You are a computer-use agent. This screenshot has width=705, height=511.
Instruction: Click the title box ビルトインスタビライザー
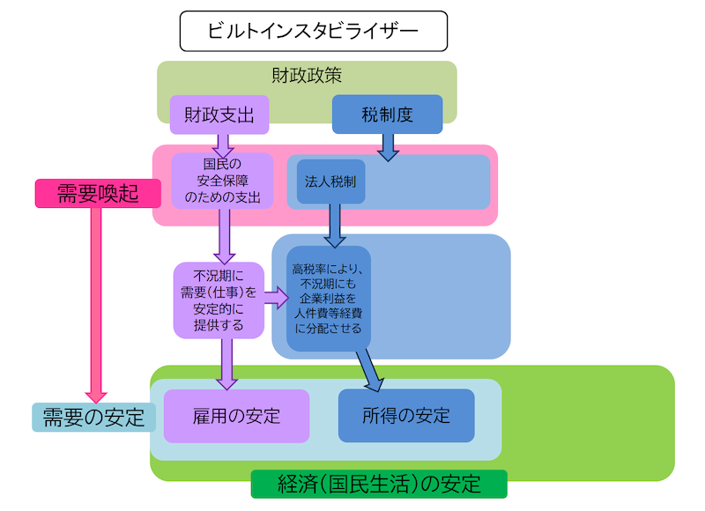[x=314, y=31]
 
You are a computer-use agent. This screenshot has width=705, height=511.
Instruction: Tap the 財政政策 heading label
[x=307, y=76]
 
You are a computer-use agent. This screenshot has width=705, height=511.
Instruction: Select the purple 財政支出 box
[x=219, y=115]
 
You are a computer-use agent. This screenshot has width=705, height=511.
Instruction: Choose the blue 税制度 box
[x=387, y=115]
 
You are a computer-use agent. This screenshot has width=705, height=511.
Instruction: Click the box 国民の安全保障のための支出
[x=223, y=181]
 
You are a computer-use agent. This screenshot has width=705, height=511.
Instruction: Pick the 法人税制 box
[x=330, y=181]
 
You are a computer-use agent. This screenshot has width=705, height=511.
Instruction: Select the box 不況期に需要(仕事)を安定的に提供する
[x=219, y=300]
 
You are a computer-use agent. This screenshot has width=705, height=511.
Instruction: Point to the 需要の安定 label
[x=93, y=417]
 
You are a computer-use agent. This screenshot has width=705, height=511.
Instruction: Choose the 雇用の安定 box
[x=236, y=415]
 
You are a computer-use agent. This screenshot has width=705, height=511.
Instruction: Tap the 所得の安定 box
[x=406, y=415]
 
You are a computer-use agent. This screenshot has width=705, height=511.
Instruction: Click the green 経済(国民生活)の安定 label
[x=379, y=484]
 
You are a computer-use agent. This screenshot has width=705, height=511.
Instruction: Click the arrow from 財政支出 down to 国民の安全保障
[x=222, y=143]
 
